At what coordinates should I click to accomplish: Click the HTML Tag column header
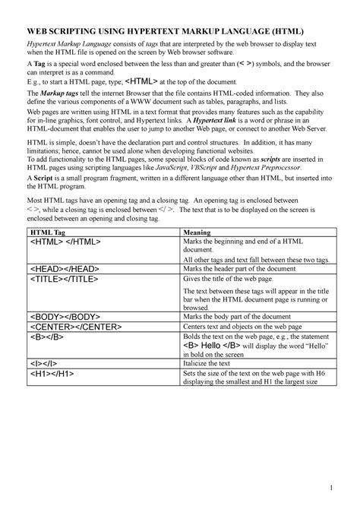point(48,232)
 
